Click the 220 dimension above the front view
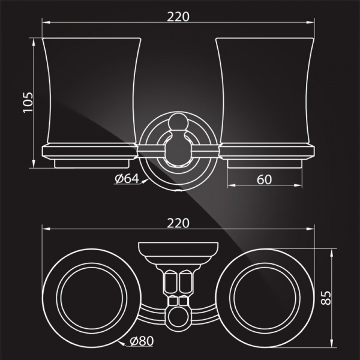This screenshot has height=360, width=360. coord(178,17)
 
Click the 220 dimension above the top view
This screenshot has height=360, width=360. coord(178,223)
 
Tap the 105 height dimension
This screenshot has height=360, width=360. coord(28,103)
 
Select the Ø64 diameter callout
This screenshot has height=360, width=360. coord(127,179)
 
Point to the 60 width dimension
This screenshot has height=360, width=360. coord(264,179)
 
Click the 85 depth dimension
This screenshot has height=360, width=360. coord(326,298)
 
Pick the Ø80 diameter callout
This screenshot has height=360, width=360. coord(142,341)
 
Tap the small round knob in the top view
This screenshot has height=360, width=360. coord(178,317)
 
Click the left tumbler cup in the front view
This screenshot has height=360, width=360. coord(92,91)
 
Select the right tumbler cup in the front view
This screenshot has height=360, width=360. coord(265,91)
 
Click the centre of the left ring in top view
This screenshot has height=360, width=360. coord(92,298)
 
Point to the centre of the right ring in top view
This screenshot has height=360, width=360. coord(265,298)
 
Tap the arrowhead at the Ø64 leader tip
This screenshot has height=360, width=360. coord(145,181)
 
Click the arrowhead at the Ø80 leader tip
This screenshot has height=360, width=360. coord(121,343)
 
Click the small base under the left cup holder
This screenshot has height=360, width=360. coord(92,163)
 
